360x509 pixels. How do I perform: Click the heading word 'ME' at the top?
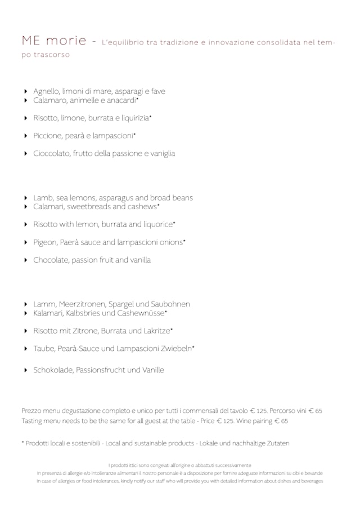click(31, 41)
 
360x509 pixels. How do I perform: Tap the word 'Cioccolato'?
click(52, 153)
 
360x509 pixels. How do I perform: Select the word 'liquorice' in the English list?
click(158, 224)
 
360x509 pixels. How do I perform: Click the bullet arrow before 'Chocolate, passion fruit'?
click(26, 260)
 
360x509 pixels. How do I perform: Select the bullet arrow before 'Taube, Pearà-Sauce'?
click(26, 349)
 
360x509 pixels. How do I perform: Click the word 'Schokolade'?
click(53, 370)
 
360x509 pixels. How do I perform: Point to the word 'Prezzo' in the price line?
click(32, 411)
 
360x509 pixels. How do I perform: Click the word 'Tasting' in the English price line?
click(33, 421)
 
